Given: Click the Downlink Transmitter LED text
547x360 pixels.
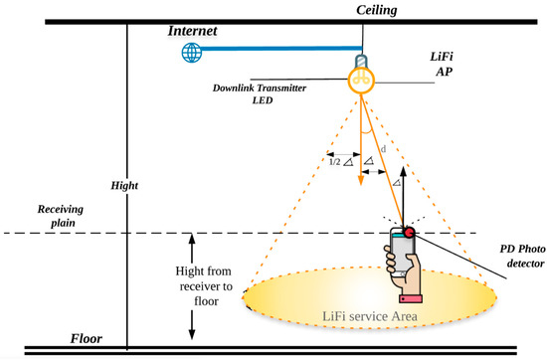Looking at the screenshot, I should (260, 92).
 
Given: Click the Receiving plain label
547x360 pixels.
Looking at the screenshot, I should (40, 218).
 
